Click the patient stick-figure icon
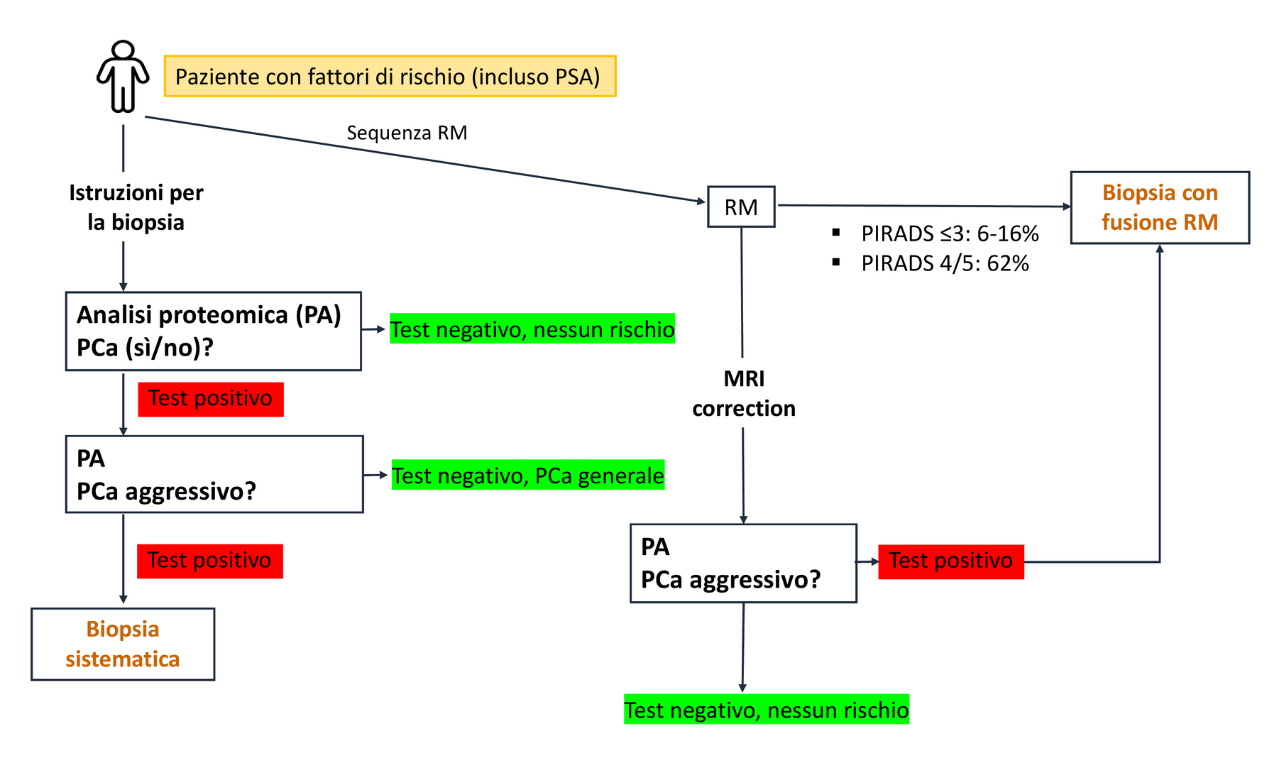coord(123,76)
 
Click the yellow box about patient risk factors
coord(390,76)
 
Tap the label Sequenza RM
coord(407,133)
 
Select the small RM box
coord(741,207)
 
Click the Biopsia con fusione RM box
coord(1160,207)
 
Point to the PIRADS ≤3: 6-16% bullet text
coord(950,233)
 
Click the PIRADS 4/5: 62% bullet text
coord(945,263)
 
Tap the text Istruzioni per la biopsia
coord(136,207)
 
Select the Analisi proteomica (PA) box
coord(213,331)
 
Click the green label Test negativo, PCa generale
coord(528,475)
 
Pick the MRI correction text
coord(744,393)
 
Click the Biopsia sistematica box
coord(123,644)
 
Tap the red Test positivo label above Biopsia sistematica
coord(210,561)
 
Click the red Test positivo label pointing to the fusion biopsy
coord(951,561)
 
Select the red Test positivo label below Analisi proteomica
coord(211,399)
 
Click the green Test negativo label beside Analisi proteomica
coord(532,329)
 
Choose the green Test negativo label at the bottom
coord(767,710)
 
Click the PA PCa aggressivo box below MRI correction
coord(743,563)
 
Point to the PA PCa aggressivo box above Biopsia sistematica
coord(214,474)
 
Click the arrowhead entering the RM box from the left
coord(702,202)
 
